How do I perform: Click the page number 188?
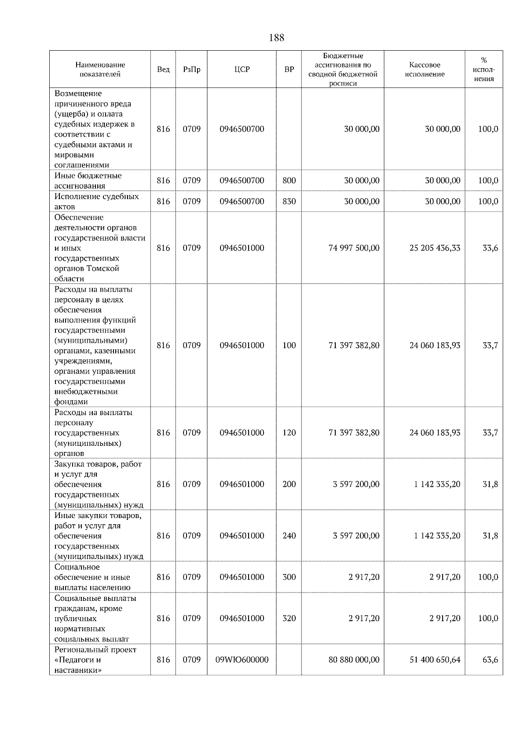tap(276, 38)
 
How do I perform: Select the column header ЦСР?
tap(242, 70)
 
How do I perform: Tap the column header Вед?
tap(163, 70)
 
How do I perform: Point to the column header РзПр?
tap(191, 70)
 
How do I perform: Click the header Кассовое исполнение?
tap(425, 70)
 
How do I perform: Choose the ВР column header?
tap(289, 70)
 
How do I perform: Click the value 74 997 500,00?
tap(354, 248)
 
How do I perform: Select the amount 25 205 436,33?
tap(435, 248)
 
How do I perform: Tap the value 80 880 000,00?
tap(354, 660)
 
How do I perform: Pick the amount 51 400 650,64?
tap(435, 660)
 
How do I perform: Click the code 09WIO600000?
tap(242, 660)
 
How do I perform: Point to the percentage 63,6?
tap(490, 660)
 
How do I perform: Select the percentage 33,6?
tap(490, 248)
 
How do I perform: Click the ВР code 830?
tap(289, 201)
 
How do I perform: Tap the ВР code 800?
tap(289, 181)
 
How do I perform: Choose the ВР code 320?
tap(289, 618)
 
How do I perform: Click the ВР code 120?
tap(289, 433)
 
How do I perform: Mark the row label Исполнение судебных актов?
tap(96, 201)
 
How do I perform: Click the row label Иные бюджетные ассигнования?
tap(88, 181)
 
